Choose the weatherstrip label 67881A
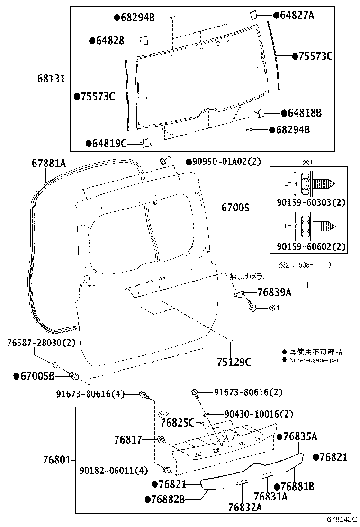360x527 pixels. point(49,164)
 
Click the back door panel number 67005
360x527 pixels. point(234,207)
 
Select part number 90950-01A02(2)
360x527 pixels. point(226,162)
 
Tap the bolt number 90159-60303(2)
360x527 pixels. point(311,202)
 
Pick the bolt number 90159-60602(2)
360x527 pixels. point(311,246)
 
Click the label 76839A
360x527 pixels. point(274,293)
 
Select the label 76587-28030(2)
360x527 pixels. point(41,343)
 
